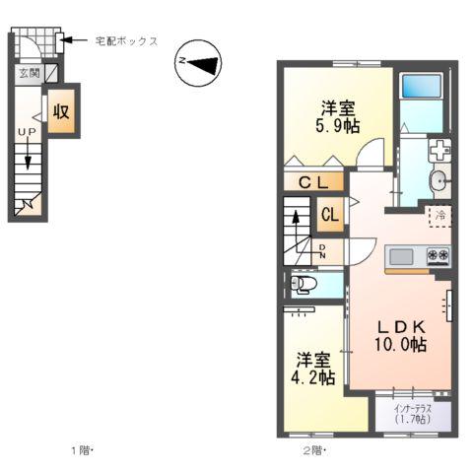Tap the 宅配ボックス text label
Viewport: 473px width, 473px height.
(x=125, y=41)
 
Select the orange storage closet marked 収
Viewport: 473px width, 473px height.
(x=60, y=110)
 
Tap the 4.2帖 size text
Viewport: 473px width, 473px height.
(x=315, y=377)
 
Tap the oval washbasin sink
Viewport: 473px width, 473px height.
(x=438, y=180)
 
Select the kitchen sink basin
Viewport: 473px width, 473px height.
(x=402, y=257)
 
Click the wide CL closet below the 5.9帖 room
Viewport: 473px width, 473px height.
(x=313, y=181)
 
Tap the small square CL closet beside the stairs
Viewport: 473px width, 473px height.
(x=330, y=215)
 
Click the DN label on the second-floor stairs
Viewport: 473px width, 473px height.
(x=322, y=252)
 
